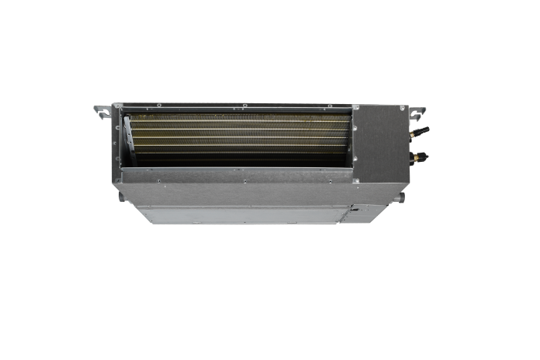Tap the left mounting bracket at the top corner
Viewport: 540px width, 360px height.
(x=102, y=109)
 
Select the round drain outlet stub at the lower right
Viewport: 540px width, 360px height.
(x=399, y=198)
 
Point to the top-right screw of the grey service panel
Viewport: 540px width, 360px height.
(x=400, y=109)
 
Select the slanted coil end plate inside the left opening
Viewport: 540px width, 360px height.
(x=133, y=141)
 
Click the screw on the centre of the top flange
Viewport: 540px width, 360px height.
(x=244, y=106)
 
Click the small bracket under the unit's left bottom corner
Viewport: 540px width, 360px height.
(x=123, y=197)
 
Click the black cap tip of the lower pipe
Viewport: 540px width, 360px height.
(x=426, y=156)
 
